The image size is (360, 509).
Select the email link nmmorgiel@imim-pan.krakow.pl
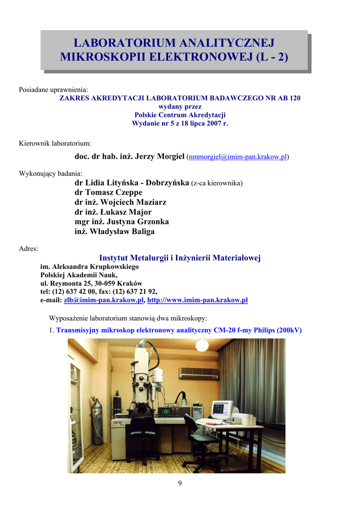point(238,157)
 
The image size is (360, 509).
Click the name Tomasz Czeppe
point(108,192)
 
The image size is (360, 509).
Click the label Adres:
point(28,248)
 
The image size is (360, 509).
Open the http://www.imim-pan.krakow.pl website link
point(197,300)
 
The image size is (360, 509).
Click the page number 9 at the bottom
point(180,484)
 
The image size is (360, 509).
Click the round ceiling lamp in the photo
point(202,345)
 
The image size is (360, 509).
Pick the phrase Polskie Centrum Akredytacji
point(180,115)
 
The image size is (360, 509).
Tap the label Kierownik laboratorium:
point(55,144)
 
